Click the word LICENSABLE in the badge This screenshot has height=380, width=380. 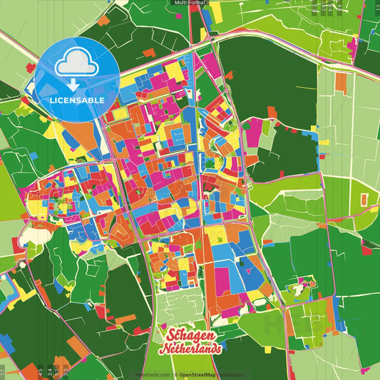[x=77, y=101]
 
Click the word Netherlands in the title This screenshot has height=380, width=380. [x=191, y=349]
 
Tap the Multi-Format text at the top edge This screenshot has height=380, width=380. [x=190, y=3]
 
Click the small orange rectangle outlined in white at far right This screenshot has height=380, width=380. [x=364, y=197]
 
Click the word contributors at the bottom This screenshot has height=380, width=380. [x=232, y=374]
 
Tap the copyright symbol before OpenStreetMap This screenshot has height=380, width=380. [x=175, y=374]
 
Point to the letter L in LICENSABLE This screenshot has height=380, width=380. [x=52, y=101]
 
